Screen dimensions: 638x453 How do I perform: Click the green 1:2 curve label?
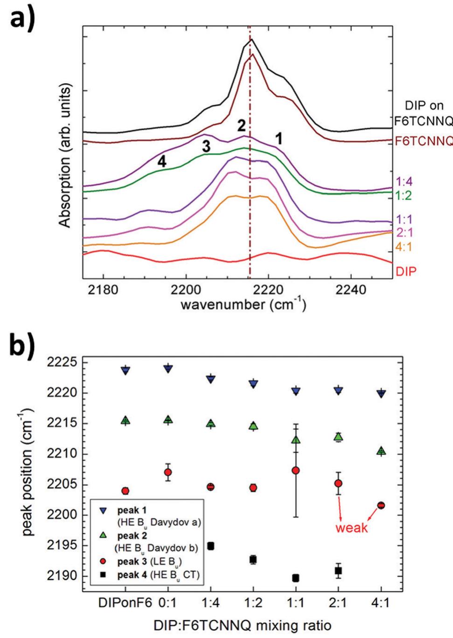[x=404, y=196]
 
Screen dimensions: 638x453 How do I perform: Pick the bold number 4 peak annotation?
[x=162, y=161]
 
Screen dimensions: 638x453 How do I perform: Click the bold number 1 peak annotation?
[x=278, y=138]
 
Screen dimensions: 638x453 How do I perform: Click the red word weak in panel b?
[x=351, y=528]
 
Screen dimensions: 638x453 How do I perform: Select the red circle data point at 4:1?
[x=381, y=505]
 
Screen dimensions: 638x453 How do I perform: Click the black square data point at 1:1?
[x=295, y=578]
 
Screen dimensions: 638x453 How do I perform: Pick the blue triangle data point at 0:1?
[x=168, y=369]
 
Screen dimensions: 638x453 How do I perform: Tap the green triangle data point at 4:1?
[x=381, y=451]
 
